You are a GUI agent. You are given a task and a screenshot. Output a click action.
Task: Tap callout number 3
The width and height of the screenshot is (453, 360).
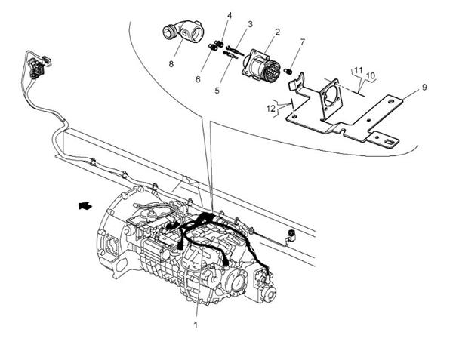(250, 24)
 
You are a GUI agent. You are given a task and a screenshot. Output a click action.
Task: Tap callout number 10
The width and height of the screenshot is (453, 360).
(371, 75)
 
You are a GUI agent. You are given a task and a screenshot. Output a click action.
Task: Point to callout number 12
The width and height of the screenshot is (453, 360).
(271, 108)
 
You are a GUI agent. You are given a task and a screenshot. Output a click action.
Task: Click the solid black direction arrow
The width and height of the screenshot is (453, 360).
(86, 203)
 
